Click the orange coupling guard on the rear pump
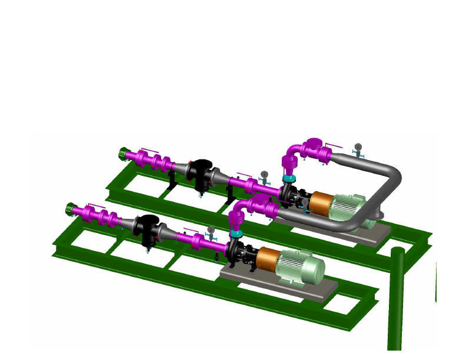coord(321,202)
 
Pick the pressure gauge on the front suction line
coord(211,230)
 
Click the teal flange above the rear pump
coord(288,178)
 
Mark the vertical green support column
coord(397,300)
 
